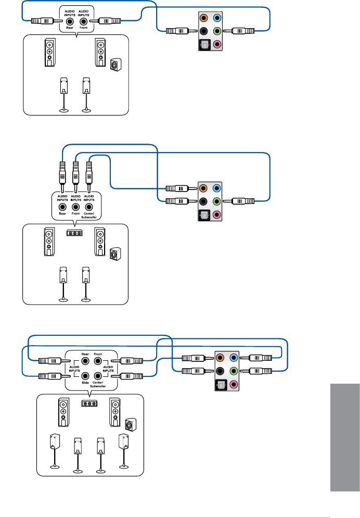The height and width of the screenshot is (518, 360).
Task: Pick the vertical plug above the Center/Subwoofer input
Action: [x=89, y=172]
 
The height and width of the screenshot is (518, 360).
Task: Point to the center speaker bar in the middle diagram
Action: [x=76, y=233]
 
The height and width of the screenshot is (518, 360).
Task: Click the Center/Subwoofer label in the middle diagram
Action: [x=89, y=216]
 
